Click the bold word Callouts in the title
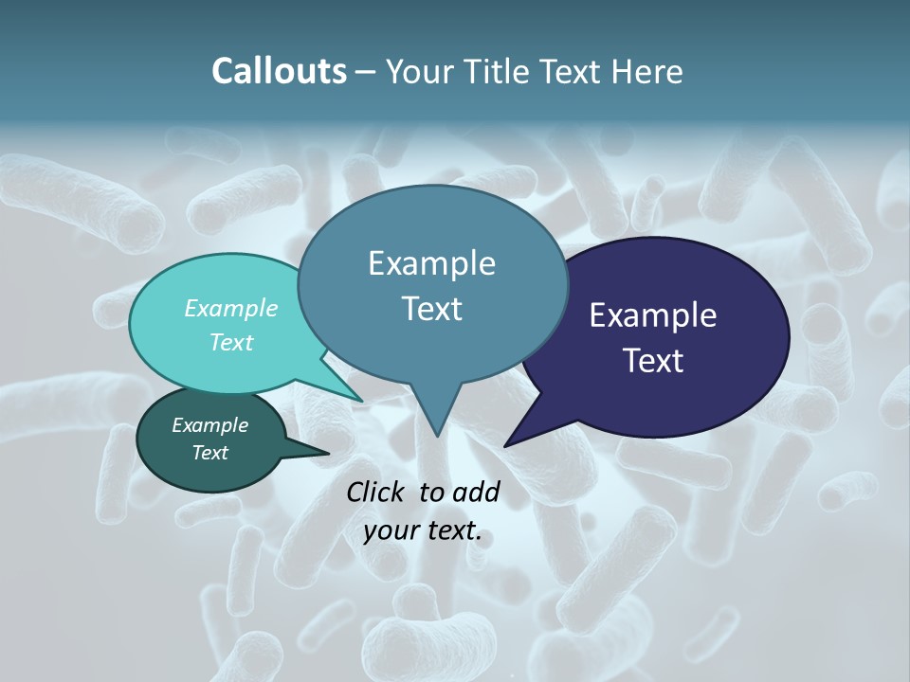coord(279,71)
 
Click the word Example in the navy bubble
coord(653,315)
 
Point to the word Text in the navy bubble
coord(653,361)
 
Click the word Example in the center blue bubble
coord(431,263)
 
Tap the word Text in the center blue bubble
coord(431,309)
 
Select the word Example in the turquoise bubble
coord(231,308)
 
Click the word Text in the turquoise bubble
coord(231,342)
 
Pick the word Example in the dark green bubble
coord(209,425)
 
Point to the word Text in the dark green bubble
coord(209,453)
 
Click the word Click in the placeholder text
coord(377,492)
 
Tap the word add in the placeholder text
coord(477,492)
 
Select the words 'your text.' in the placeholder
coord(423,531)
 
